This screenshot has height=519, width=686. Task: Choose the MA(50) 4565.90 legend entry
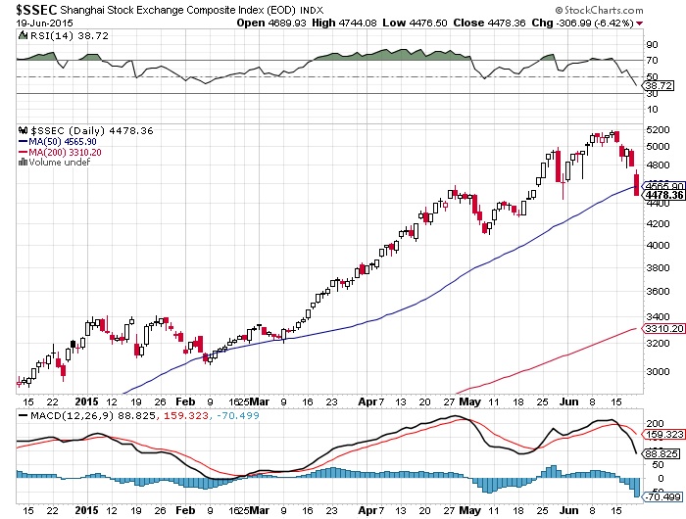coord(59,141)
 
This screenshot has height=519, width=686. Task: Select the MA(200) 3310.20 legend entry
coord(62,152)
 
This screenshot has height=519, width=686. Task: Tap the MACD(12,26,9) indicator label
coord(65,415)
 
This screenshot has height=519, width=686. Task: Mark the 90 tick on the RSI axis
coord(650,45)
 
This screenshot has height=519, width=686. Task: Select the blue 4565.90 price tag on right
coord(657,185)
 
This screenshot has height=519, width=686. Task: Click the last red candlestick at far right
coord(637,183)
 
